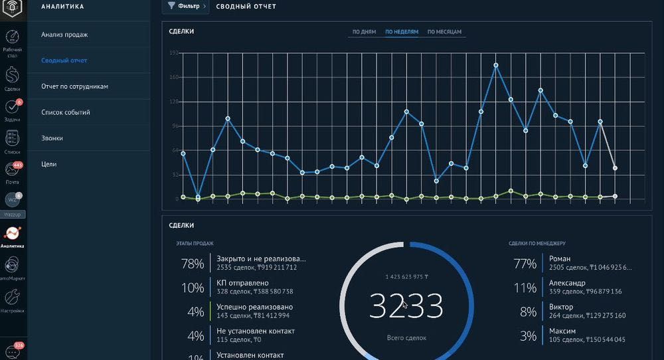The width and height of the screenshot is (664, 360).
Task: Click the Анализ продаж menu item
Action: (64, 35)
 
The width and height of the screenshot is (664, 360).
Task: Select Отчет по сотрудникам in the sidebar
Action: (74, 86)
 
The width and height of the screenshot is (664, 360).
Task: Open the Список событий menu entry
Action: (66, 112)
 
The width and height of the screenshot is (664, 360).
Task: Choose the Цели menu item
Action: (48, 164)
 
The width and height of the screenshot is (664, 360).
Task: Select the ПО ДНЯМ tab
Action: (364, 32)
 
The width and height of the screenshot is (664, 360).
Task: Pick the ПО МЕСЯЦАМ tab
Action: (444, 32)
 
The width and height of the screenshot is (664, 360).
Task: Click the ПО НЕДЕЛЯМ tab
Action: (402, 32)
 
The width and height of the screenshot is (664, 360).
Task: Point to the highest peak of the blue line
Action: (496, 65)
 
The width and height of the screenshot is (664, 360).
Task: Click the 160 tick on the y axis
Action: (175, 77)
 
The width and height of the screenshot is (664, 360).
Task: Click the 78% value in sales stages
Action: (193, 264)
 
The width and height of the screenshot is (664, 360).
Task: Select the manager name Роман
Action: (560, 258)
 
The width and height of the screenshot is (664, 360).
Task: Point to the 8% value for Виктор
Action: (528, 312)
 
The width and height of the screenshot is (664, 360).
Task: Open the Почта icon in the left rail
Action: (12, 171)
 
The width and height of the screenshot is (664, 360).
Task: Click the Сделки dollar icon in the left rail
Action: (12, 76)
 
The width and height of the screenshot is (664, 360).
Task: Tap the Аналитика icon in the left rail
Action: (12, 234)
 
